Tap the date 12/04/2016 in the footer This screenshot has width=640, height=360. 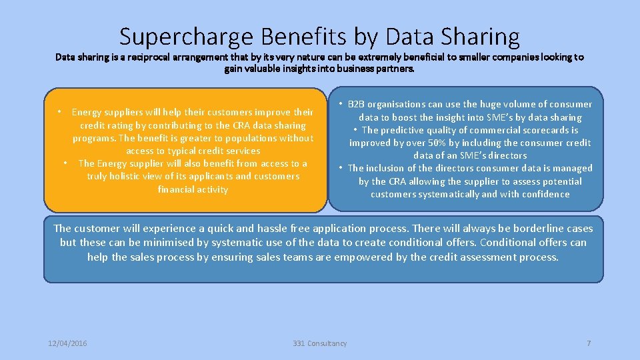[x=67, y=343]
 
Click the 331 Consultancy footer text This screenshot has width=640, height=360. [x=320, y=343]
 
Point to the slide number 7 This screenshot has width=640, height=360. [x=589, y=343]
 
